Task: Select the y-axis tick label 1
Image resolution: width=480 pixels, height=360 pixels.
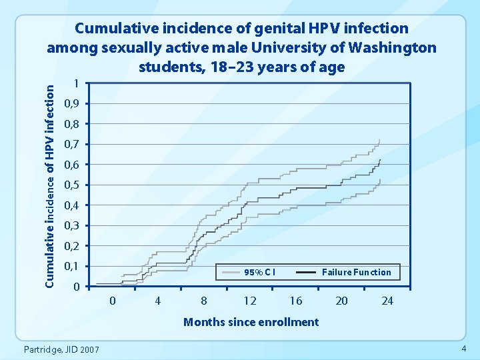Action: [x=77, y=84]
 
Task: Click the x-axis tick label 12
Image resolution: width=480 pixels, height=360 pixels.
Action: [x=250, y=301]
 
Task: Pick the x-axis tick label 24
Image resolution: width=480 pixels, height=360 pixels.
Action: [x=387, y=301]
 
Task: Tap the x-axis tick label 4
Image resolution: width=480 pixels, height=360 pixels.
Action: [x=158, y=301]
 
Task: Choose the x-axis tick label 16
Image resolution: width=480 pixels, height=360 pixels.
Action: [x=296, y=301]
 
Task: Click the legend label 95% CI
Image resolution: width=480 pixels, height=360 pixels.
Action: [x=260, y=272]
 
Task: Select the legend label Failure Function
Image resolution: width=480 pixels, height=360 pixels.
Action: [x=357, y=272]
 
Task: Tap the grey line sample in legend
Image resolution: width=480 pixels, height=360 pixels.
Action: [x=231, y=272]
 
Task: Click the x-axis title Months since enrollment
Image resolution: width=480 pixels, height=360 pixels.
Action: [x=251, y=322]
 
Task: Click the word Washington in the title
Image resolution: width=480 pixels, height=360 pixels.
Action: [x=386, y=48]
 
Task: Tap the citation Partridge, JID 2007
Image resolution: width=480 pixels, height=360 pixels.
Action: [x=61, y=350]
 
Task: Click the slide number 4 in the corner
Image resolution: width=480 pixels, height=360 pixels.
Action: [x=463, y=350]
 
